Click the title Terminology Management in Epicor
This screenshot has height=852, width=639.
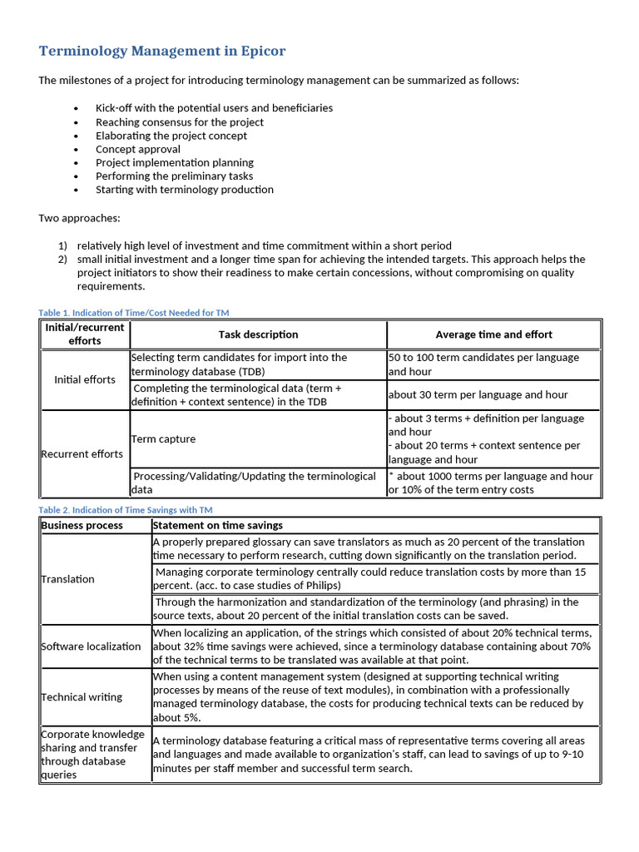click(x=161, y=52)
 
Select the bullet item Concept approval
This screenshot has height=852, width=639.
click(x=137, y=149)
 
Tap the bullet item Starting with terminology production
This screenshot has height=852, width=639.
click(x=184, y=190)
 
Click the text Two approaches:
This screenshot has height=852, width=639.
click(x=79, y=217)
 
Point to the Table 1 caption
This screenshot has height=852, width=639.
click(x=133, y=313)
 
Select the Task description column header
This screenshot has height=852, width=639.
click(x=258, y=334)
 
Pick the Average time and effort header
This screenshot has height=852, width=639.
click(x=493, y=334)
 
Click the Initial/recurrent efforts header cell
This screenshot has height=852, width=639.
click(x=85, y=334)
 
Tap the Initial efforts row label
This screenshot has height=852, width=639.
click(x=85, y=379)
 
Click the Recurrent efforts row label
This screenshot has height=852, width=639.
click(x=82, y=454)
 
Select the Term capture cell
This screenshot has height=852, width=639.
click(x=163, y=438)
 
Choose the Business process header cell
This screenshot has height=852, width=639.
click(x=82, y=526)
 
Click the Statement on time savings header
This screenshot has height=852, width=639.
click(x=217, y=526)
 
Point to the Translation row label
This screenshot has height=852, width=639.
click(x=68, y=579)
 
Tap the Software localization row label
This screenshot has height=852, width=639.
click(x=91, y=646)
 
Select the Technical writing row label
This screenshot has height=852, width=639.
click(x=82, y=697)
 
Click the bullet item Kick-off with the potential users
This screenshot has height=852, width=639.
click(x=214, y=108)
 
